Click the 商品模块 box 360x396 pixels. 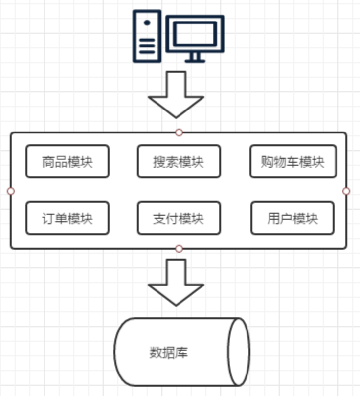point(67,161)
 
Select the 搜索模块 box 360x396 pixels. point(179,161)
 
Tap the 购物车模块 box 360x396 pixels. point(293,161)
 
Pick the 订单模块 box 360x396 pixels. point(67,219)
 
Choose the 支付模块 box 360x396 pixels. point(179,219)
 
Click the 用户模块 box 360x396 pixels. point(292,219)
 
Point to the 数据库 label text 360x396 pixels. point(169,352)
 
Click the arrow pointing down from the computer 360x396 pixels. point(176,95)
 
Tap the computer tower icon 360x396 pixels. point(147,37)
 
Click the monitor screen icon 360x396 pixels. point(195,34)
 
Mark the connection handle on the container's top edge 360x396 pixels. point(179,132)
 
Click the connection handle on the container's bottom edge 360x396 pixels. point(179,249)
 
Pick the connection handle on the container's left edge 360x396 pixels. point(11,191)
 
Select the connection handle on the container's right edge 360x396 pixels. point(346,191)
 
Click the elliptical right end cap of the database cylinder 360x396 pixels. point(239,352)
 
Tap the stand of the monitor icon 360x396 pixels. point(195,58)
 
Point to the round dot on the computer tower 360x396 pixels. point(147,22)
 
